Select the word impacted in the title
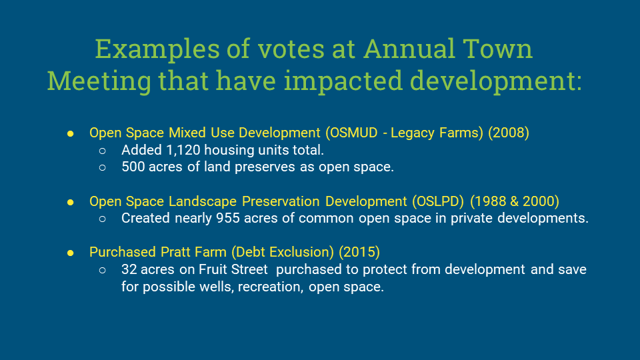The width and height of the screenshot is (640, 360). point(343,81)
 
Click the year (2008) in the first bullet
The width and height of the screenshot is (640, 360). point(509,133)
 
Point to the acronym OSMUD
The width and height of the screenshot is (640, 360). point(351,133)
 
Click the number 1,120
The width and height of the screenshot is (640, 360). point(183,150)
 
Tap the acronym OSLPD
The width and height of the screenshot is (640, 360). point(438,201)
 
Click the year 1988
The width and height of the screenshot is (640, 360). point(487,201)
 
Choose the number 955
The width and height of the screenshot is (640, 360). point(228,218)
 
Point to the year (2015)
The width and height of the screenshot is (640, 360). point(359,252)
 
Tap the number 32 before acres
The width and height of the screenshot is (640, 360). point(129,269)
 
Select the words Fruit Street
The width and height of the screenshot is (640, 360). point(233,269)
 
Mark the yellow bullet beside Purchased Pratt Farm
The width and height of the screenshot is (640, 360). point(70,253)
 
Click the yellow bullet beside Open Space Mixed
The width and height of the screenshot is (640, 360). point(70,134)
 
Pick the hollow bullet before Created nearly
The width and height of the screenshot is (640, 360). point(103,219)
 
